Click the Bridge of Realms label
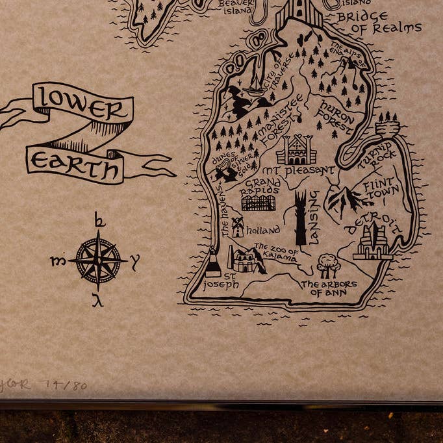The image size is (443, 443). pyautogui.click(x=379, y=22)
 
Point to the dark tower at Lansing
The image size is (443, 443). pyautogui.click(x=301, y=217)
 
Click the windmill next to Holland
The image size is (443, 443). pyautogui.click(x=238, y=227)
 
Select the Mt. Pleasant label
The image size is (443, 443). pyautogui.click(x=299, y=171)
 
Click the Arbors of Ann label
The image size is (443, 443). pyautogui.click(x=329, y=288)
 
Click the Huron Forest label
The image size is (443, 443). pyautogui.click(x=336, y=116)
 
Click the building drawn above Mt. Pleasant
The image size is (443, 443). pyautogui.click(x=296, y=150)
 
